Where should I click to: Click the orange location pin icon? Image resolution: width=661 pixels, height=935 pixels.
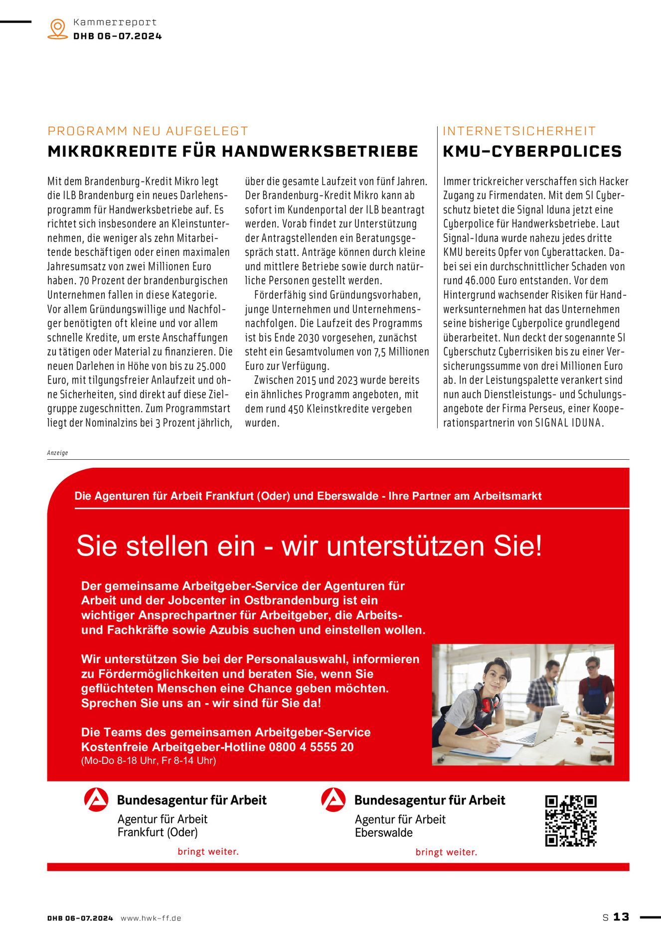point(58,28)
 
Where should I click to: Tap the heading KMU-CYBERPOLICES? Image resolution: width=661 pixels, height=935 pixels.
point(532,152)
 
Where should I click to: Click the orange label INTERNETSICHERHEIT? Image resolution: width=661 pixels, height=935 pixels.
point(519,131)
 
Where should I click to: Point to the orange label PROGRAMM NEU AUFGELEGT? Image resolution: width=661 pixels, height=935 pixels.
point(148,131)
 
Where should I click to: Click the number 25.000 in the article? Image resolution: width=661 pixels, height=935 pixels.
point(211,366)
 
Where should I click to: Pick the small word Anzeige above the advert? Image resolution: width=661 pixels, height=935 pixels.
point(57,453)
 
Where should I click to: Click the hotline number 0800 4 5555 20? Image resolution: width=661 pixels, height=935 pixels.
point(311,747)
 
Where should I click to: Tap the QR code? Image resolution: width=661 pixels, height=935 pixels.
point(570,821)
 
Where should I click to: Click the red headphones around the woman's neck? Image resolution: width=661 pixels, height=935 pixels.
point(489,704)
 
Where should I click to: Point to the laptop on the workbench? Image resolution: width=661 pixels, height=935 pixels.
point(543,726)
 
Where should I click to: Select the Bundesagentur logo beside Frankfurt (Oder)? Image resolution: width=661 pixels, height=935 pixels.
point(96,800)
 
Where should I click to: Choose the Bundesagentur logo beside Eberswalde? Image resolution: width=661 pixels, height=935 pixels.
point(333,800)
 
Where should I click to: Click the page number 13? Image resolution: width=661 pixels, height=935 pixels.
point(621,917)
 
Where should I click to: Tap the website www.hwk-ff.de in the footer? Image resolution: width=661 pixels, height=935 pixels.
point(151,918)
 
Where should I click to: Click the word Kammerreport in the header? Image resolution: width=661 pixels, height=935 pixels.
point(115,22)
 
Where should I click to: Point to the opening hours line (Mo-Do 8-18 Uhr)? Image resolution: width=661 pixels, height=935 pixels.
point(149,761)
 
